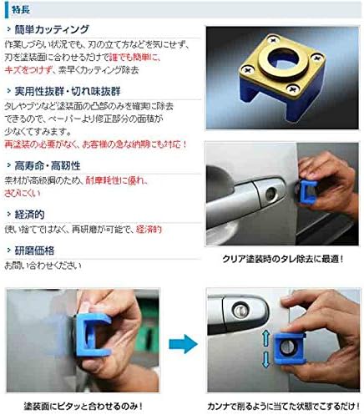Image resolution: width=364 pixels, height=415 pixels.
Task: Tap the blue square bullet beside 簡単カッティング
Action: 8,29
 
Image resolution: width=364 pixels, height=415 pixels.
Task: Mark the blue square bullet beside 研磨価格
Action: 8,250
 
